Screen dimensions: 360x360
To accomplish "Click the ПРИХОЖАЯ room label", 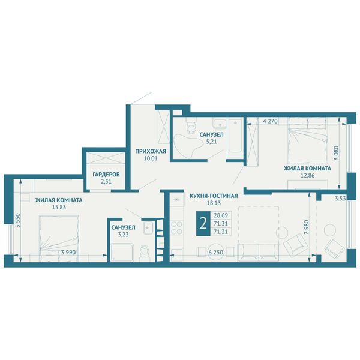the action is (x=151, y=151).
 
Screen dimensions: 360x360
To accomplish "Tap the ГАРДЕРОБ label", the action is (x=106, y=175).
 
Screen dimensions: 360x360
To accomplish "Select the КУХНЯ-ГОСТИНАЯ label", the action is (x=214, y=196).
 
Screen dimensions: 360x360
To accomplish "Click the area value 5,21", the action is (x=211, y=142).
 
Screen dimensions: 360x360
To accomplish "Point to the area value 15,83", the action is (x=59, y=208).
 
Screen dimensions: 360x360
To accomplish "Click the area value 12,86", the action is (x=307, y=176).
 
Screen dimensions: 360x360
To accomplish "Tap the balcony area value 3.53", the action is (x=340, y=199).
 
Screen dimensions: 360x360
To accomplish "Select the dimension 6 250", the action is (x=215, y=253).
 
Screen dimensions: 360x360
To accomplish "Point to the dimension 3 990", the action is (x=68, y=253).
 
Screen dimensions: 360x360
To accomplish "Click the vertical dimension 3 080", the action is (x=337, y=154).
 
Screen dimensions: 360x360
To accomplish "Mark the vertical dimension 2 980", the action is (x=306, y=227).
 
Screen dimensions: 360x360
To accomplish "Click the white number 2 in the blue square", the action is (x=203, y=224).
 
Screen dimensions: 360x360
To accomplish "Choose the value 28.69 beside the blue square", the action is (x=221, y=215).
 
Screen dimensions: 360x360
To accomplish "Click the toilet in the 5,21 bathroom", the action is (x=191, y=126).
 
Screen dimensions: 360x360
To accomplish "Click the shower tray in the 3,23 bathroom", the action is (x=122, y=253).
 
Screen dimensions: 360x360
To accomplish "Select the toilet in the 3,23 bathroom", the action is (x=145, y=253).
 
